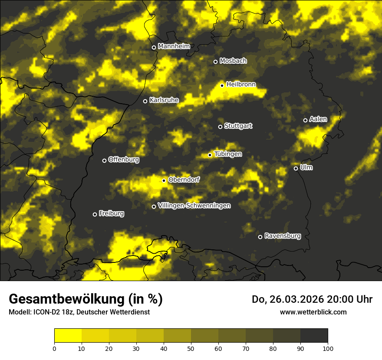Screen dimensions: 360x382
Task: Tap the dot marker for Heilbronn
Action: click(x=222, y=85)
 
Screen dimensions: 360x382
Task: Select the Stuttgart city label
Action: click(x=238, y=126)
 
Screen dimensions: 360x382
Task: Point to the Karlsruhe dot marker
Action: click(x=145, y=101)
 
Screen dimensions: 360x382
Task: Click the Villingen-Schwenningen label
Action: click(x=194, y=205)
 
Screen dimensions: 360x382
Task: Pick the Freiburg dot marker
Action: click(x=95, y=214)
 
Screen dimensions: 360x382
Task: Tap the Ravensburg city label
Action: click(x=282, y=236)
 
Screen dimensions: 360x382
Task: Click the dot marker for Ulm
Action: click(x=296, y=169)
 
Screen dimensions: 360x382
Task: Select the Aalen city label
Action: click(x=318, y=119)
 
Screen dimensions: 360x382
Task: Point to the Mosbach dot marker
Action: click(x=215, y=62)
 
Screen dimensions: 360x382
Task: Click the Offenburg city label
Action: click(x=123, y=160)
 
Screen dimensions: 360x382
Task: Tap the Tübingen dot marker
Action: click(x=210, y=155)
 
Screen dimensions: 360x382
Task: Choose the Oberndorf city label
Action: click(x=184, y=180)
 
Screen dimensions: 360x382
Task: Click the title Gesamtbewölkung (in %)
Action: click(x=86, y=299)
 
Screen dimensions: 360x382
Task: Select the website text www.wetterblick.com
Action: click(x=313, y=312)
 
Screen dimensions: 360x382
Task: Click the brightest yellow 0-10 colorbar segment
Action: click(x=68, y=336)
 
